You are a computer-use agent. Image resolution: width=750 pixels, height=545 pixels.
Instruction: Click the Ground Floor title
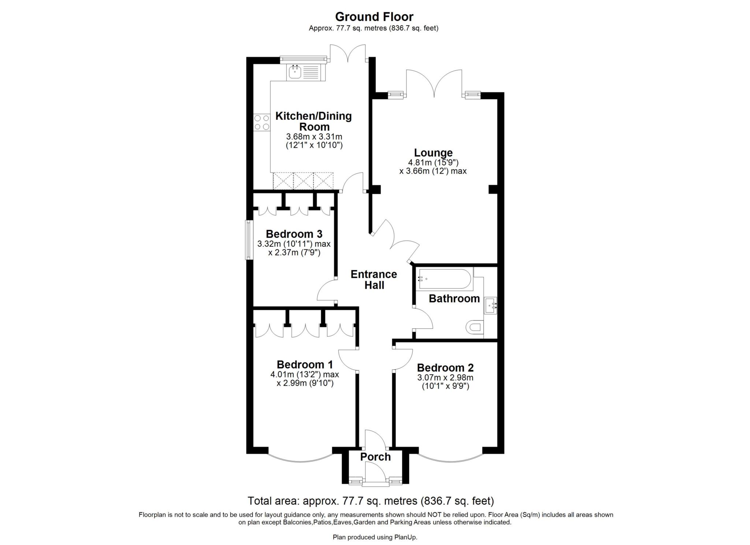374,17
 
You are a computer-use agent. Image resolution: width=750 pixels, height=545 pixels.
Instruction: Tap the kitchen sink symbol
295,72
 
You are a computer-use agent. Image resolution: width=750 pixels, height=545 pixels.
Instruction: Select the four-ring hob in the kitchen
262,122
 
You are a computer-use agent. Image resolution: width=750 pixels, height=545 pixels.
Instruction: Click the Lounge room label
433,153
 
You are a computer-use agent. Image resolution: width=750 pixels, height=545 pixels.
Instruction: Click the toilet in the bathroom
476,327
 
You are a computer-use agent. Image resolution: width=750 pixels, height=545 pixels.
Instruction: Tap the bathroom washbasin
491,306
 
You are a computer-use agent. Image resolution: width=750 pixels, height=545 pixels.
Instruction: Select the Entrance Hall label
374,280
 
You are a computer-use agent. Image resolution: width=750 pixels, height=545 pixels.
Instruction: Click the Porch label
375,457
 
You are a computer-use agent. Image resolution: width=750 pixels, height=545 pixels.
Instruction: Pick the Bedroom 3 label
294,234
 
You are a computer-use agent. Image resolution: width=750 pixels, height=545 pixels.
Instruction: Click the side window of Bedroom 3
249,240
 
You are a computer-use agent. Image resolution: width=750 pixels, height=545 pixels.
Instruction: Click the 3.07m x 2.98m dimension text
445,377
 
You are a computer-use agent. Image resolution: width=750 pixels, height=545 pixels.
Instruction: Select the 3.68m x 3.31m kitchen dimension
314,137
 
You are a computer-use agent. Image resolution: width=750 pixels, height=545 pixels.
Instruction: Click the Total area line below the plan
371,501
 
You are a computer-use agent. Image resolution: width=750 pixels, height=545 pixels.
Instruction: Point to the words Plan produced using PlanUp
375,537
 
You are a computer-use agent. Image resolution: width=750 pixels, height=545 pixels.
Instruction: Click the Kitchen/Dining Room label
313,122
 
